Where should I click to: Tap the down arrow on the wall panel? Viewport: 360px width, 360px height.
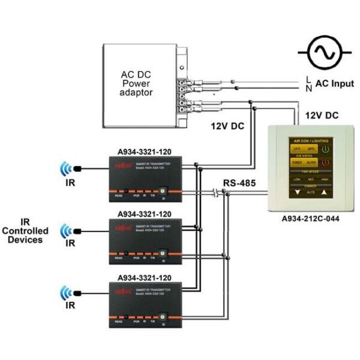click(298, 193)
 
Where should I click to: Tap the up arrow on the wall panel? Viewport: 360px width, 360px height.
click(325, 193)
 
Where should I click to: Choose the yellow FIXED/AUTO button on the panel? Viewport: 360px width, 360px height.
click(304, 162)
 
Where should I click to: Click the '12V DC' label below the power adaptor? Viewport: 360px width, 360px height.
click(226, 128)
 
